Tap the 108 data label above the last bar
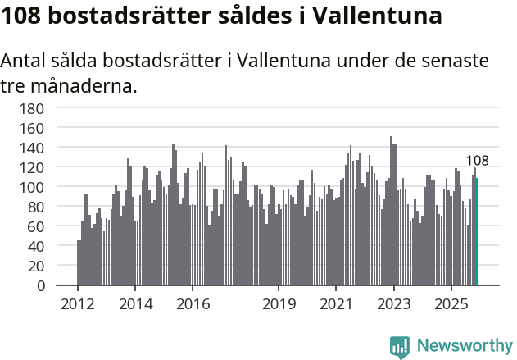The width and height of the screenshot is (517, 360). pyautogui.click(x=477, y=161)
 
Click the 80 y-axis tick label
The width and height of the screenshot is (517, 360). pyautogui.click(x=34, y=207)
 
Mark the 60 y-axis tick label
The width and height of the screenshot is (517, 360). pyautogui.click(x=34, y=226)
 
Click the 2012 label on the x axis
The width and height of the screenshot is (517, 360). pyautogui.click(x=78, y=303)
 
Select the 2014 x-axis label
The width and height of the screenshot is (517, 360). pyautogui.click(x=135, y=303)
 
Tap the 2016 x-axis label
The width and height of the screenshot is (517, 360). pyautogui.click(x=193, y=303)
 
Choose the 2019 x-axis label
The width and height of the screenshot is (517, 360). pyautogui.click(x=279, y=303)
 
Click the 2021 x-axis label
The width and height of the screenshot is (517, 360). pyautogui.click(x=336, y=303)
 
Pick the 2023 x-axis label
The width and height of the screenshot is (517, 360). pyautogui.click(x=393, y=303)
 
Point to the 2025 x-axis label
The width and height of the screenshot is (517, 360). pyautogui.click(x=451, y=303)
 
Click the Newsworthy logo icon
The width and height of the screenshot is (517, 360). pyautogui.click(x=400, y=347)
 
